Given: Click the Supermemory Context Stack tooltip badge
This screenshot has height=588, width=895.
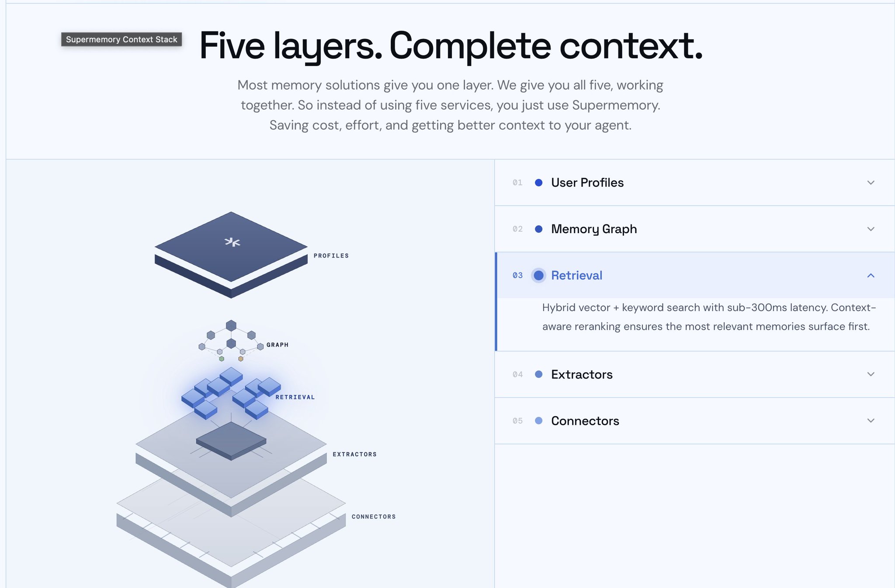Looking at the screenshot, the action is pyautogui.click(x=121, y=39).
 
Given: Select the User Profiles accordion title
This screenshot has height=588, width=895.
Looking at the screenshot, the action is pyautogui.click(x=587, y=182).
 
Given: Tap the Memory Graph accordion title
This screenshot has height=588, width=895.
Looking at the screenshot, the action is pyautogui.click(x=594, y=229).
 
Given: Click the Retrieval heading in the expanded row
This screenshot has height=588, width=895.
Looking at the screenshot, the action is pyautogui.click(x=576, y=275).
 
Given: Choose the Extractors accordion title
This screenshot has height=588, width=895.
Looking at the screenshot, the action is pyautogui.click(x=582, y=374).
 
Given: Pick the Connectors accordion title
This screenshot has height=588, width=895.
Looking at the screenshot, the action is pyautogui.click(x=585, y=421).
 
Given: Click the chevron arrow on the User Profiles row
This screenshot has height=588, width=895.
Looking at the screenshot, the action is pyautogui.click(x=871, y=182).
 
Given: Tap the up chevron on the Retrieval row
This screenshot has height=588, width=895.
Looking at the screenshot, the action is pyautogui.click(x=871, y=275).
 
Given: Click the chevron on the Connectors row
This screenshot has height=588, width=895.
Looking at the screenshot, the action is pyautogui.click(x=871, y=420).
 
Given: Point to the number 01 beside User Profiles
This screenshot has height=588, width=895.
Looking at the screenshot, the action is pyautogui.click(x=517, y=182).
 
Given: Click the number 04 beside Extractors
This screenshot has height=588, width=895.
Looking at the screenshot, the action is pyautogui.click(x=517, y=374).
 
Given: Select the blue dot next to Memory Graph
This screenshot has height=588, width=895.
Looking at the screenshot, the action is pyautogui.click(x=539, y=229).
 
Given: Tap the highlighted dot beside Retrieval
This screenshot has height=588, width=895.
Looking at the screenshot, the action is pyautogui.click(x=539, y=275).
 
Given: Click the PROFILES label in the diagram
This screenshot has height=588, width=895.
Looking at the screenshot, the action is pyautogui.click(x=331, y=256).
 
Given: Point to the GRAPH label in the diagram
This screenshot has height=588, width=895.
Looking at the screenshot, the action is pyautogui.click(x=278, y=345).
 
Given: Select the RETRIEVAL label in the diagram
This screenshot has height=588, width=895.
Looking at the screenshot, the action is pyautogui.click(x=295, y=397).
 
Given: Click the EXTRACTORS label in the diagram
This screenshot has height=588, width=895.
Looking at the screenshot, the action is pyautogui.click(x=355, y=455).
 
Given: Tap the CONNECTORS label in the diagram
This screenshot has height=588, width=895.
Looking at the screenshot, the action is pyautogui.click(x=374, y=517).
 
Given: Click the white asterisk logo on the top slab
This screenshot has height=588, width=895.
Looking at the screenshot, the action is pyautogui.click(x=232, y=242).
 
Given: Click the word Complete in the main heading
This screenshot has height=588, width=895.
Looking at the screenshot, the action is pyautogui.click(x=470, y=45).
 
